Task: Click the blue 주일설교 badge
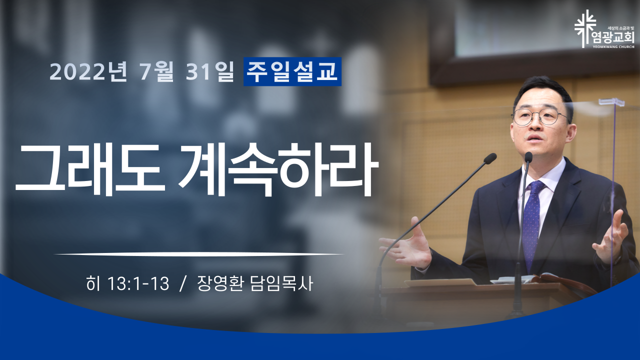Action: tap(292, 71)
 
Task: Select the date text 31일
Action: tap(210, 71)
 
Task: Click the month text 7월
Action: tap(156, 71)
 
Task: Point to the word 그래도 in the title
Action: tap(90, 169)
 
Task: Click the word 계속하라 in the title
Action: tap(279, 169)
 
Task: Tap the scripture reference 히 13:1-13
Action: tap(127, 284)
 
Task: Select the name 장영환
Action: tap(220, 283)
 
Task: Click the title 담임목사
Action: tap(281, 283)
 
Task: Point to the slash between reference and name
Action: tap(182, 284)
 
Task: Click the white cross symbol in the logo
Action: tap(585, 28)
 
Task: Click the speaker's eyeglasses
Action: tap(539, 116)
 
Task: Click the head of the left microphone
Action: tap(490, 158)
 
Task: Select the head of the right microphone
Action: tap(528, 157)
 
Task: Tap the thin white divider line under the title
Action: tap(199, 253)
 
